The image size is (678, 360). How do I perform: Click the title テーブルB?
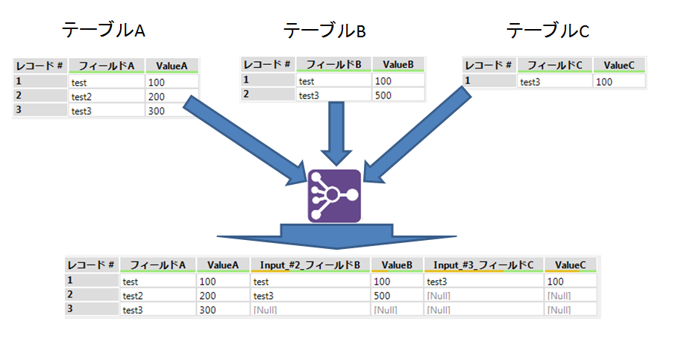324,31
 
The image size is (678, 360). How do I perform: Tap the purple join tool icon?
335,196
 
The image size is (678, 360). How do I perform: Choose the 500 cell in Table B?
398,95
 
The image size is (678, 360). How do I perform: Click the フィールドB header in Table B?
334,64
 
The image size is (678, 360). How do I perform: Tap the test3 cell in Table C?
555,81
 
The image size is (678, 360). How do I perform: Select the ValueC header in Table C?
619,66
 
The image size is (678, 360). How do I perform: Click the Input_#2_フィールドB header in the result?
310,265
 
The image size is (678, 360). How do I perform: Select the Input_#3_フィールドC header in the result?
483,265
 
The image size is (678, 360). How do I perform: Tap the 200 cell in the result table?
223,295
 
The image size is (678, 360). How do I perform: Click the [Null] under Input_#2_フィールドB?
310,309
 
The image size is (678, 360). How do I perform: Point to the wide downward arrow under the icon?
335,234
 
